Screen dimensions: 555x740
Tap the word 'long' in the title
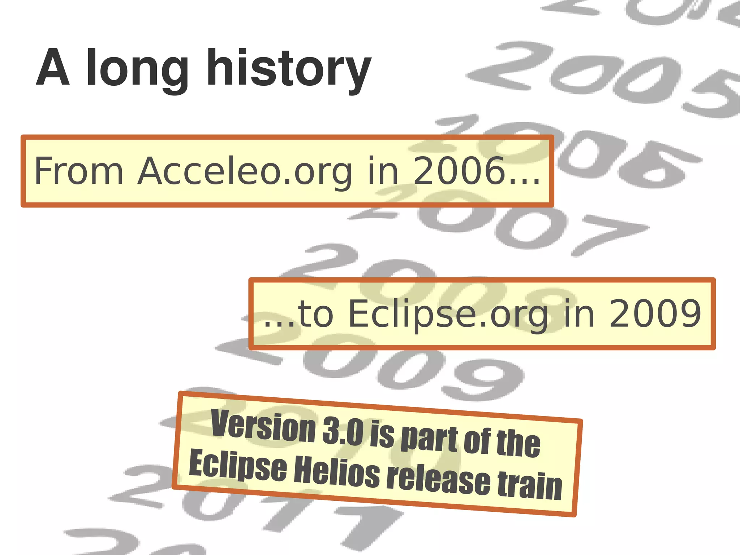(x=137, y=71)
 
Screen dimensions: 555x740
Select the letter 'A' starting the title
(x=53, y=68)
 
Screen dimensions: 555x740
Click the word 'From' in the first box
(x=79, y=171)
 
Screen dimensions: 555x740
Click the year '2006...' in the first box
(x=476, y=171)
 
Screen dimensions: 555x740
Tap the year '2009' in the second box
(x=655, y=313)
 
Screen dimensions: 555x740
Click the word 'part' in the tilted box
(x=429, y=439)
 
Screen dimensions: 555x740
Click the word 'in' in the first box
(x=383, y=171)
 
